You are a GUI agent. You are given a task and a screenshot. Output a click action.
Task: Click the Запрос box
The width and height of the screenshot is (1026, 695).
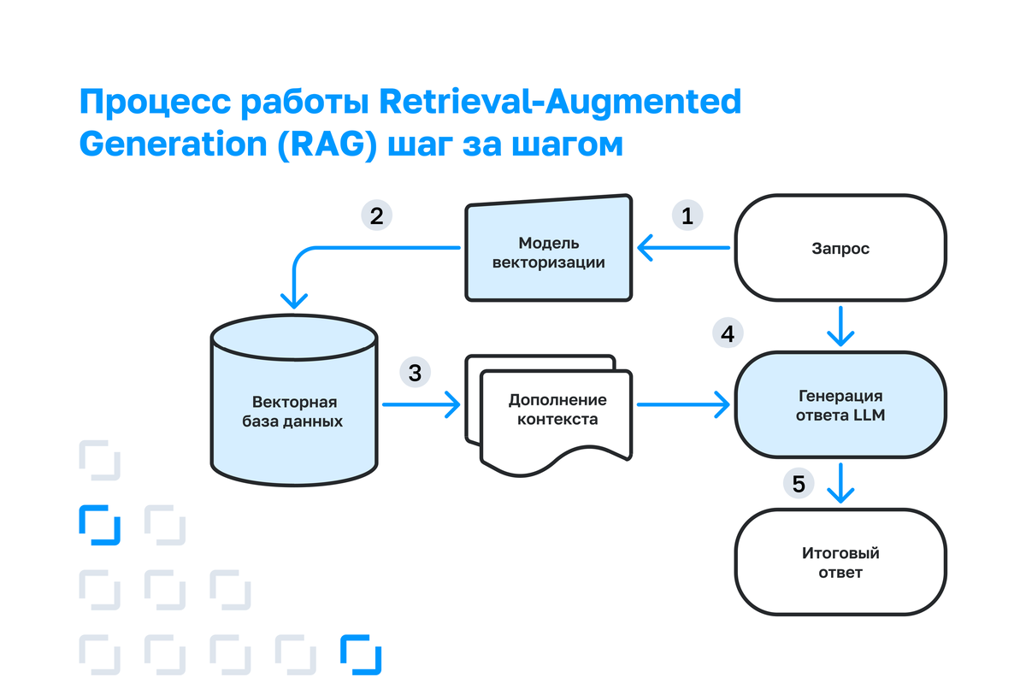(x=840, y=249)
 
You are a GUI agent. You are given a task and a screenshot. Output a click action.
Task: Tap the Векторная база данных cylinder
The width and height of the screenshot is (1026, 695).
(x=294, y=402)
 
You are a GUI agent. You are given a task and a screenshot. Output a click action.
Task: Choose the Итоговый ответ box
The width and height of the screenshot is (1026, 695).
(x=840, y=562)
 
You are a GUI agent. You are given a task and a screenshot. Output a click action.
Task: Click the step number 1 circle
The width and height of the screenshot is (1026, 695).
(x=687, y=215)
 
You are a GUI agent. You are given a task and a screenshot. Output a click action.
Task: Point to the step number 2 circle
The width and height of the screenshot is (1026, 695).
(x=376, y=215)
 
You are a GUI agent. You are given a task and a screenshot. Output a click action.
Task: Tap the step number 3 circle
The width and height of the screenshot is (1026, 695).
(x=415, y=373)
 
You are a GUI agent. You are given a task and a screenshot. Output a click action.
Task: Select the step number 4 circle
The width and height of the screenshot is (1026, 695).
(x=727, y=333)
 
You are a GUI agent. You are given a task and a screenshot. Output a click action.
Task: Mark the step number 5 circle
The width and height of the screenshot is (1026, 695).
(x=798, y=485)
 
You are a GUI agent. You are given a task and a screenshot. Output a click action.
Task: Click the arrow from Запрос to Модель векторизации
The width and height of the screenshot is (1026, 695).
(x=684, y=250)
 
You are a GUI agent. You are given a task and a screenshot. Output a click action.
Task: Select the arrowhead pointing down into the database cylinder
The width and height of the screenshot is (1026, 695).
(x=294, y=300)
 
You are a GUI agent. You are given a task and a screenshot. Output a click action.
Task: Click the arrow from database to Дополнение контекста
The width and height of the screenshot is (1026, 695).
(x=419, y=404)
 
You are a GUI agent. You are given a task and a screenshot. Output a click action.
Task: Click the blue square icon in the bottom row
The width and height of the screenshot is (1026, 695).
(x=360, y=655)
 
